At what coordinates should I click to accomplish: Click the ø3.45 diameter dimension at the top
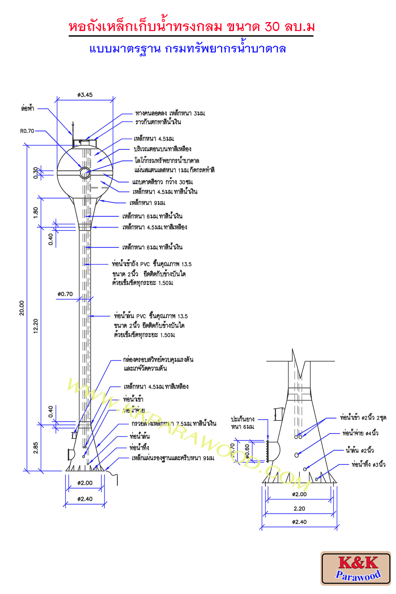point(85,95)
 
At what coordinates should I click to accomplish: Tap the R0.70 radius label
point(27,131)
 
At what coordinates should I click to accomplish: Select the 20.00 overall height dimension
point(22,308)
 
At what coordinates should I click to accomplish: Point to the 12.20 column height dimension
point(36,326)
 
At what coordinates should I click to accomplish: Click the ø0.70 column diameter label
point(65,294)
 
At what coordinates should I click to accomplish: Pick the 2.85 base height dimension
point(36,448)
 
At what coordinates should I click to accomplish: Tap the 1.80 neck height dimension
point(36,212)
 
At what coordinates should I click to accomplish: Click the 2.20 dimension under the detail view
point(299,509)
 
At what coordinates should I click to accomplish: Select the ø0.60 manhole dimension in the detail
point(247,451)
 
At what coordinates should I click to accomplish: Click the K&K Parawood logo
point(356,568)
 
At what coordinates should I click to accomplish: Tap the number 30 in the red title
point(272,27)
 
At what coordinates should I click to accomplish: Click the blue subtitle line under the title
point(187,49)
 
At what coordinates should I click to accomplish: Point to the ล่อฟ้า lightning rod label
point(28,108)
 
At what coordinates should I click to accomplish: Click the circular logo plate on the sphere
point(85,172)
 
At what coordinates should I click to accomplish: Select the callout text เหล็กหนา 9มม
point(147,203)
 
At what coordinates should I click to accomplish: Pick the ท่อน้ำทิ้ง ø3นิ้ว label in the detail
point(368,464)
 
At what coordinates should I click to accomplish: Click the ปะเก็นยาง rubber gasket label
point(243,419)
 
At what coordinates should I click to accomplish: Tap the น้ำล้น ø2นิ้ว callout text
point(360,450)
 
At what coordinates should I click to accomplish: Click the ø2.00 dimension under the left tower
point(85,483)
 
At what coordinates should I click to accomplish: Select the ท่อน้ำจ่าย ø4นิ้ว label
point(360,433)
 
